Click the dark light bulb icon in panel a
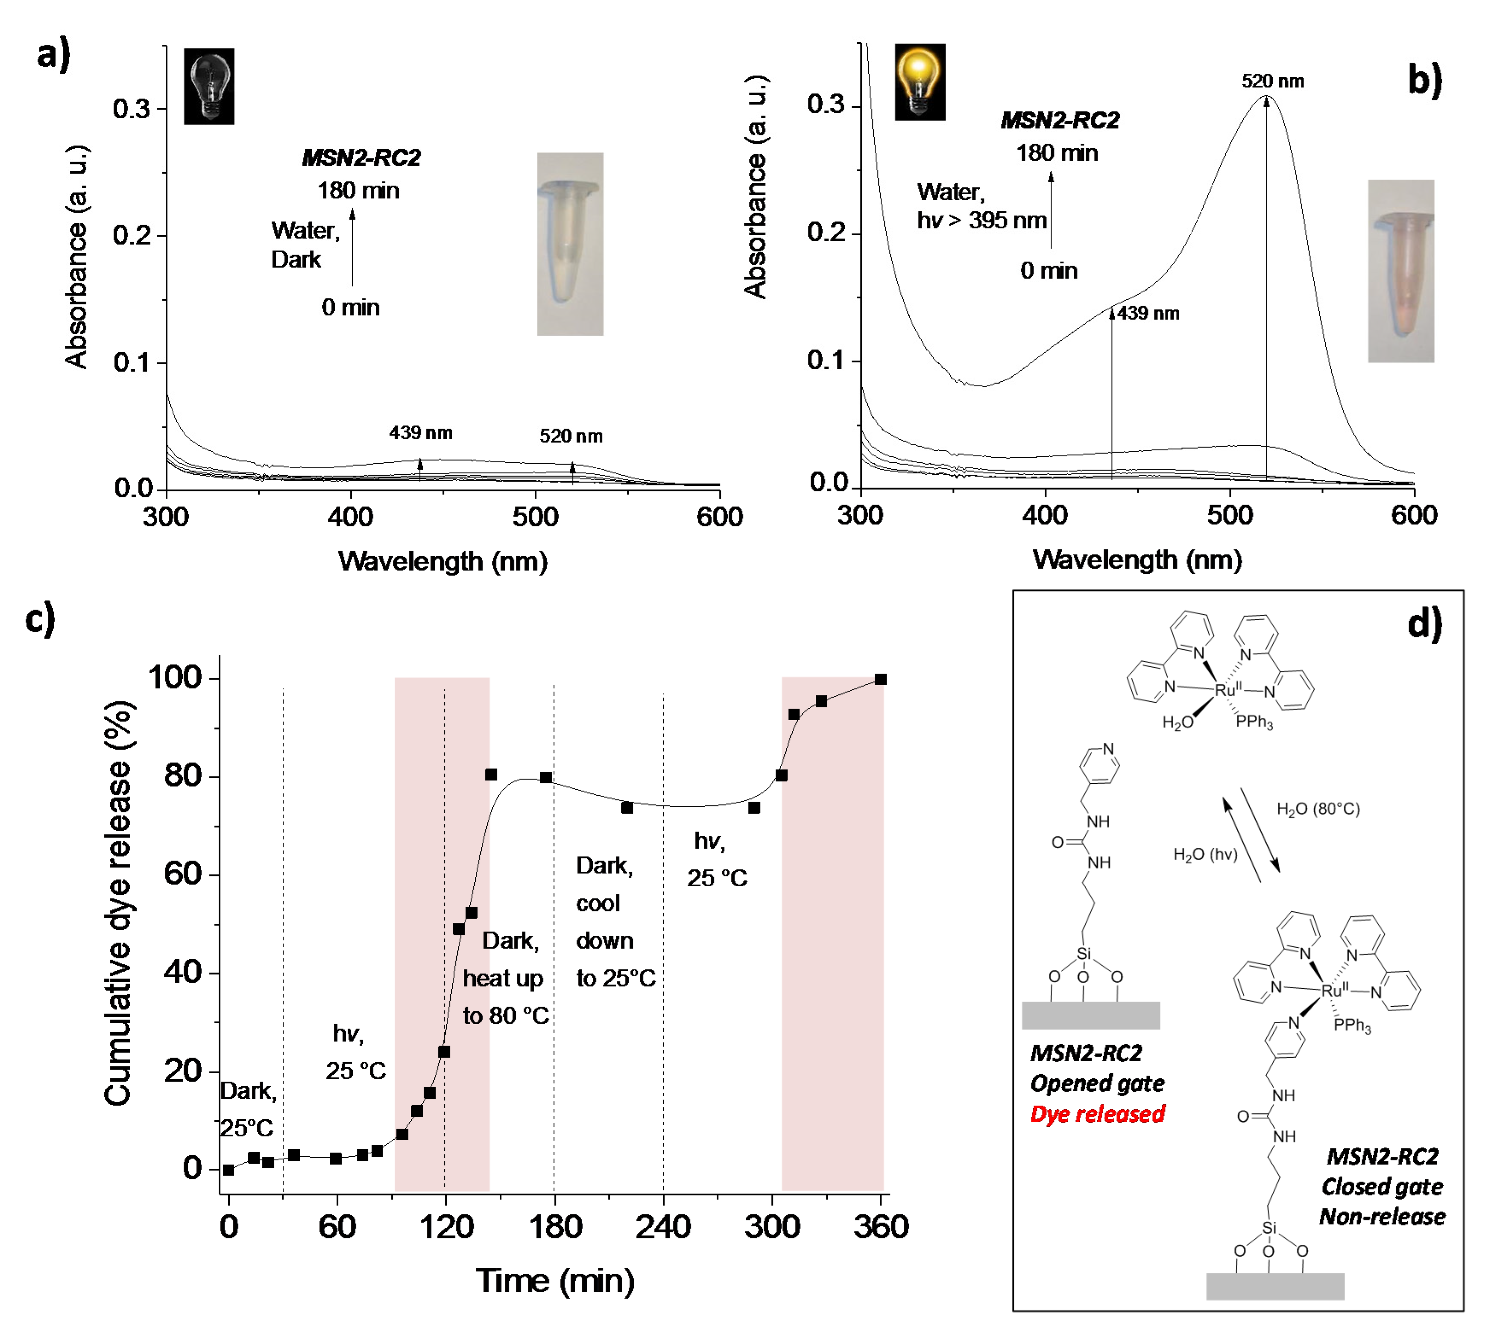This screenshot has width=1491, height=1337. (209, 87)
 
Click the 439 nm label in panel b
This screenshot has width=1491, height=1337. (1148, 314)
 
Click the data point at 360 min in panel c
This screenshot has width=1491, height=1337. (880, 680)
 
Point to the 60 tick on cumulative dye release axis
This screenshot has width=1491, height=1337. (182, 874)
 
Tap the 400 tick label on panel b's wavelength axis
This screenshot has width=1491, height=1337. (1044, 515)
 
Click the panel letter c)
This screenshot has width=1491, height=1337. (41, 618)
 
